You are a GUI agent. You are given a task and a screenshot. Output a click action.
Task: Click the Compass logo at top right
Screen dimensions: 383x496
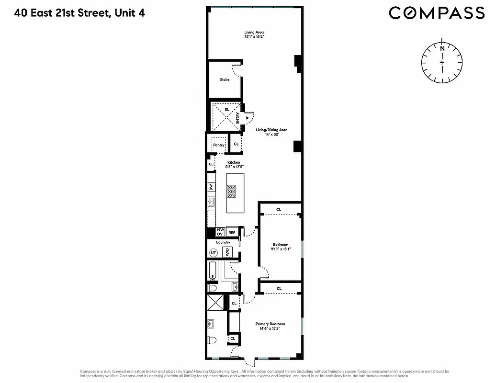click(x=437, y=12)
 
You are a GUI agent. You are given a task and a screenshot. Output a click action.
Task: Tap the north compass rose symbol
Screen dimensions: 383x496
click(x=442, y=62)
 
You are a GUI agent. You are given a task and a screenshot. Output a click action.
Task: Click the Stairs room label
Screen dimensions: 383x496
click(x=225, y=79)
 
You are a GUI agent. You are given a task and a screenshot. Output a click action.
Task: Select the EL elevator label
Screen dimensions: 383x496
click(x=226, y=110)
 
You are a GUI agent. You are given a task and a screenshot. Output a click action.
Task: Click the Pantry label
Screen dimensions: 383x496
click(x=218, y=145)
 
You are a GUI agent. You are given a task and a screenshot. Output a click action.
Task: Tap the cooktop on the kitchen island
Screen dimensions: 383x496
click(x=232, y=191)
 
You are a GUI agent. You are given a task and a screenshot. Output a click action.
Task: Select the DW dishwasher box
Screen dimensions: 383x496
click(x=211, y=187)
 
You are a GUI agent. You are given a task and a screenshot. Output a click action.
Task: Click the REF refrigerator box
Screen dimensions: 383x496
click(x=232, y=233)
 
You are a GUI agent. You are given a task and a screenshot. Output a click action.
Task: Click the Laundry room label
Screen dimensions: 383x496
click(x=223, y=242)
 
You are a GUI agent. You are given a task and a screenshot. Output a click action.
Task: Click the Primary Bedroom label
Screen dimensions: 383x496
click(x=273, y=324)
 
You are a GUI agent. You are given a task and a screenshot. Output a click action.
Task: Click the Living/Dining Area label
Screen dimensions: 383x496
click(x=271, y=130)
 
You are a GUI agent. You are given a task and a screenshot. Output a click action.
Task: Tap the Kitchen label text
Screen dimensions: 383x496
click(x=233, y=163)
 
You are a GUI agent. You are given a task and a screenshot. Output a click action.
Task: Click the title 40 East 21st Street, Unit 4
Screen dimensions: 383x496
click(x=79, y=12)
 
